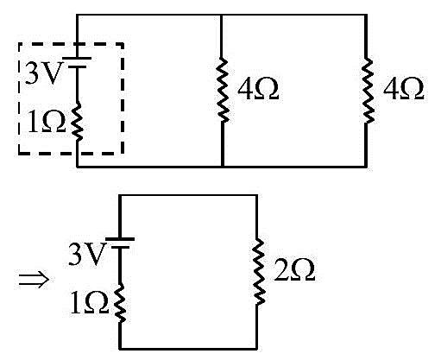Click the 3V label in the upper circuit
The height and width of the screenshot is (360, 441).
pos(44,73)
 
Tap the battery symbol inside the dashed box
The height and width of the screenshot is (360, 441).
pos(77,62)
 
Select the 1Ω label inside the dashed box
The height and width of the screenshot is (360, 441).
pos(47,122)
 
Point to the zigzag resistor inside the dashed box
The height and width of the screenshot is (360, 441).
pos(77,122)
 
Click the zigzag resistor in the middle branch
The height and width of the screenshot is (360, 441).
pos(223,90)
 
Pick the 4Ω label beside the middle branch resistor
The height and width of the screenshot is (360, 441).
pos(258,89)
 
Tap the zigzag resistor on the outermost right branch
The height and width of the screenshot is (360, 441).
pos(367,91)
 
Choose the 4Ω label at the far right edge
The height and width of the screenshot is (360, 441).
pos(403,89)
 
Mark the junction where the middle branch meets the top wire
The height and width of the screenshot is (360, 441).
pos(221,15)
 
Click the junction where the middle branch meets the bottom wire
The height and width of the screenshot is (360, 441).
pos(223,167)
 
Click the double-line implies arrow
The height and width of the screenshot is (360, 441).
pos(34,280)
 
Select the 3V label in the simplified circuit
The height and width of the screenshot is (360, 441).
pos(86,254)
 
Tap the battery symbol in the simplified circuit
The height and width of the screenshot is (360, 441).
pos(120,243)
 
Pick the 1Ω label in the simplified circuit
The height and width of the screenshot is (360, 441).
pos(89,303)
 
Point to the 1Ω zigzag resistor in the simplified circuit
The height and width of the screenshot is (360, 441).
pos(120,302)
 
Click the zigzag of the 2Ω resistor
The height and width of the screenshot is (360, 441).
pos(258,271)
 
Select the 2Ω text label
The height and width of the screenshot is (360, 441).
pos(294,270)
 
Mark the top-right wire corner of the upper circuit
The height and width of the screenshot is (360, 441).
pos(366,15)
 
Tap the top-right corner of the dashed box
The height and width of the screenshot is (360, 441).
pos(123,44)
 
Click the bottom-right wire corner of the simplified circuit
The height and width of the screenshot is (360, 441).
pos(256,349)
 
